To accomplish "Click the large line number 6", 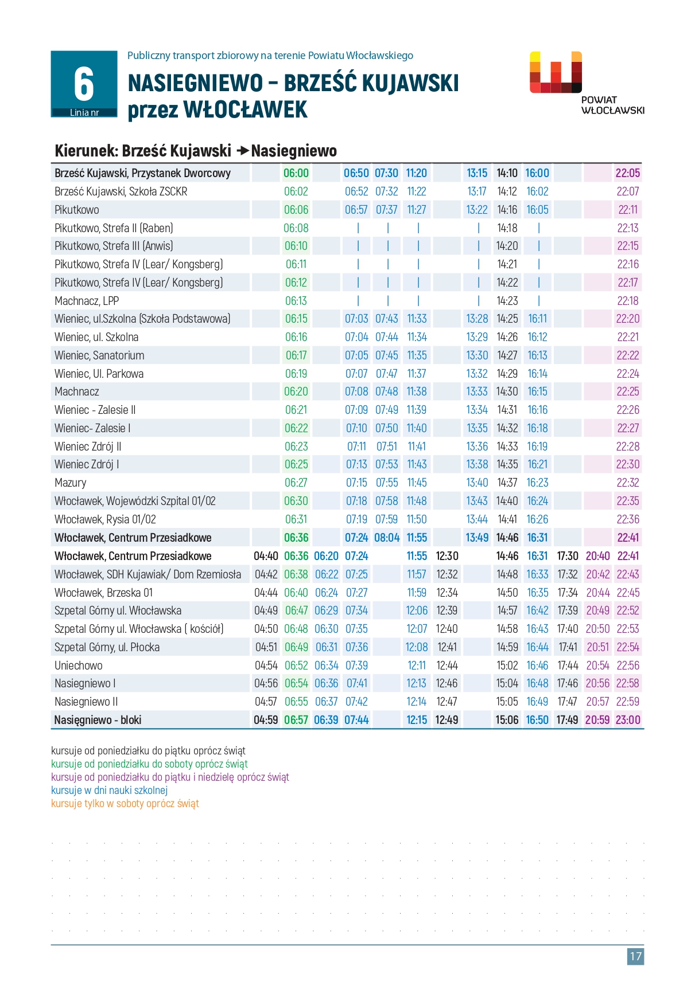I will tap(84, 84).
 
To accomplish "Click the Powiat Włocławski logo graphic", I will tap(556, 72).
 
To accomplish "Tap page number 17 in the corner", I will tap(635, 956).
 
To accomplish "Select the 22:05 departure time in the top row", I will tap(627, 173).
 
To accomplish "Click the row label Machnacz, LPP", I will tap(87, 301).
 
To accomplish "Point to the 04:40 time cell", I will tap(266, 556).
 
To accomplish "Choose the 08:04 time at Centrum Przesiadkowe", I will tap(387, 538).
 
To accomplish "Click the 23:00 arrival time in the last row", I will tap(628, 720).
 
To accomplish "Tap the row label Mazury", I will tap(71, 483).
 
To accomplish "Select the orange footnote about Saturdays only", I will tap(125, 804).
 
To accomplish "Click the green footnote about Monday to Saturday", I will tap(149, 764).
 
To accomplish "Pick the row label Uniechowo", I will tap(79, 666).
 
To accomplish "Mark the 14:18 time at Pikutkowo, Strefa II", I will tap(507, 228).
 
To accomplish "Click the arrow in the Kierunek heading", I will tap(242, 151).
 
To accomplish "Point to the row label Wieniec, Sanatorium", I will tap(99, 355).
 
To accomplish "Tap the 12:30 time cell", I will tap(447, 556).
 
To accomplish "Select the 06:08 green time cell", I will tap(296, 228).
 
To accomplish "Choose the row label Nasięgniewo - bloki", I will tap(98, 720).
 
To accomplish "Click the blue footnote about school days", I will tap(109, 791).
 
